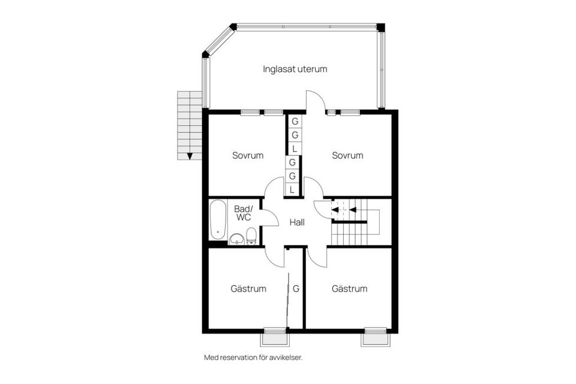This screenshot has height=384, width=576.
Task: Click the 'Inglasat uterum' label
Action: (295, 69)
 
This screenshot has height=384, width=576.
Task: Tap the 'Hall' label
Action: (297, 223)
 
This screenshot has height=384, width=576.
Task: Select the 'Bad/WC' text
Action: (243, 213)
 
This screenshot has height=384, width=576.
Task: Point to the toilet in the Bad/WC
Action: (251, 236)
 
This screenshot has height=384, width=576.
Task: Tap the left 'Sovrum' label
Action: (248, 155)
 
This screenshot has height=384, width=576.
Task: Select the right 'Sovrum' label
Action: (347, 155)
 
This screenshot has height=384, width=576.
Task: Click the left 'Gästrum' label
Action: (248, 289)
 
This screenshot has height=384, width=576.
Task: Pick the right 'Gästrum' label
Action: (349, 289)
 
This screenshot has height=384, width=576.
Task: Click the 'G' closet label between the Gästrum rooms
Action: (296, 289)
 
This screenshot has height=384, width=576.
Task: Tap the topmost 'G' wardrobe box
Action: (295, 122)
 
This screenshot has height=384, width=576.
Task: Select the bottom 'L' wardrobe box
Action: (292, 190)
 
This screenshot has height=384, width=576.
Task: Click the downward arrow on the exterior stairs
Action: (190, 156)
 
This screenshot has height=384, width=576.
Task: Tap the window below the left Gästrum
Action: (275, 337)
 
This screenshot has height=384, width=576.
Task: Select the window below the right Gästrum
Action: (376, 337)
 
